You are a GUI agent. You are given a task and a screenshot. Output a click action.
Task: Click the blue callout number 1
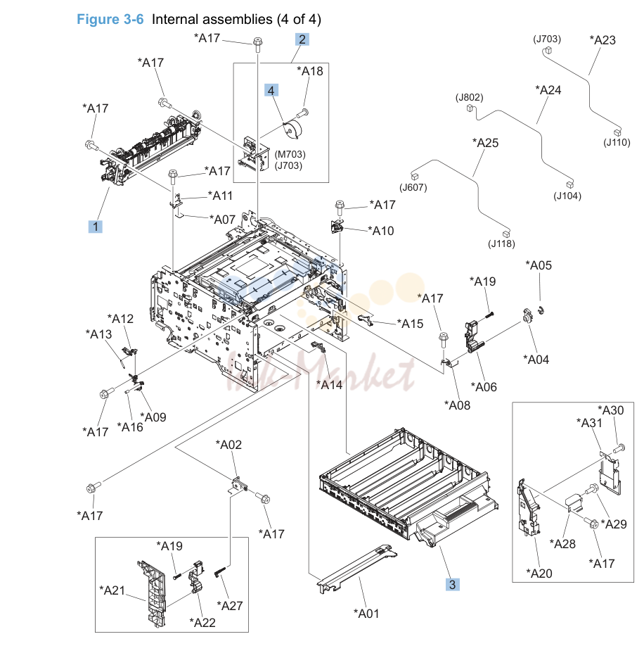point(96,227)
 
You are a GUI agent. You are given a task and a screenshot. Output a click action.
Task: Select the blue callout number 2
point(302,39)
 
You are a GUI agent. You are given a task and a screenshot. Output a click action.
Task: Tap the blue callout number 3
point(452,584)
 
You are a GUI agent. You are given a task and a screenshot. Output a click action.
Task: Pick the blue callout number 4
point(271,90)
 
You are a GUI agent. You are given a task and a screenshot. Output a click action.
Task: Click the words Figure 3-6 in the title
point(110,19)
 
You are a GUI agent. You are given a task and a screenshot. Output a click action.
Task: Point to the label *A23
point(603,40)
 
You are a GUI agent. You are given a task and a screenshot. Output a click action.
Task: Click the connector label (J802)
point(469,97)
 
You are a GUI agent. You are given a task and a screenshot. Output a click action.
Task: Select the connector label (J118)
point(501,243)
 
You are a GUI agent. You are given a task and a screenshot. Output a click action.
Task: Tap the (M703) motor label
point(290,154)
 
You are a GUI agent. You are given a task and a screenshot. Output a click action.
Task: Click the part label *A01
point(366,614)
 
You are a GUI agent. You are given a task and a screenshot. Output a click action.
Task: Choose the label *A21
point(112,590)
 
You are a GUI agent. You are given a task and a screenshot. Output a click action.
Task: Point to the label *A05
point(539,265)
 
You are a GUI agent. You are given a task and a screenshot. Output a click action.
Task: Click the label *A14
point(329,384)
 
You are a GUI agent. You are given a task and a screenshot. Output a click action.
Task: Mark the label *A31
point(589,423)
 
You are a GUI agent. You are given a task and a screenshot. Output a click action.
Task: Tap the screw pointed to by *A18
point(303,113)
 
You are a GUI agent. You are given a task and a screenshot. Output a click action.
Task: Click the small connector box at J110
point(617,133)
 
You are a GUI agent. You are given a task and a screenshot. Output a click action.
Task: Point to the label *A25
point(486,143)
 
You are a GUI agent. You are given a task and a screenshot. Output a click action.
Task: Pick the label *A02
point(228,445)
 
